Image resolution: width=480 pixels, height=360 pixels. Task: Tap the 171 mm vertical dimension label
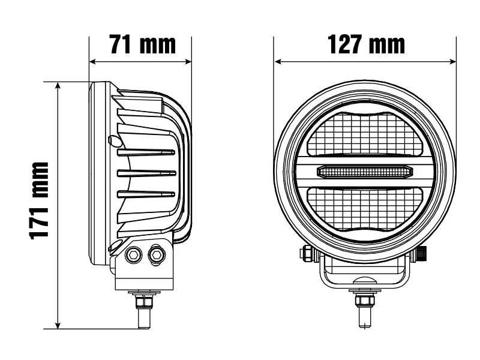pyautogui.click(x=39, y=201)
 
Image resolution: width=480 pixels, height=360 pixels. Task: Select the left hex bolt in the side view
pyautogui.click(x=134, y=255)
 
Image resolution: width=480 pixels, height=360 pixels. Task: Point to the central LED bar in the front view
pyautogui.click(x=365, y=172)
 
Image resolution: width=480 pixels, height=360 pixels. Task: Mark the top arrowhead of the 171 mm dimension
pyautogui.click(x=58, y=86)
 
